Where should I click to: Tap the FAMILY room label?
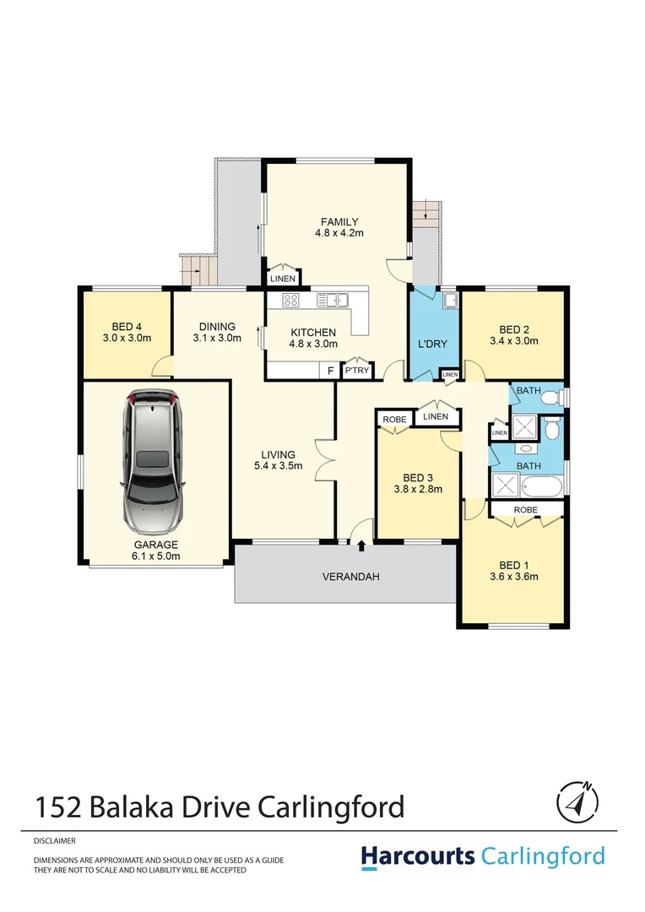click(339, 222)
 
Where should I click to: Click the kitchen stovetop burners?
click(291, 300)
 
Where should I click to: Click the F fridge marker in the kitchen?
click(330, 370)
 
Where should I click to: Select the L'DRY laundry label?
click(432, 345)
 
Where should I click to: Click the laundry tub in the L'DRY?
click(450, 300)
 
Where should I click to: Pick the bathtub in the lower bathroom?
click(540, 487)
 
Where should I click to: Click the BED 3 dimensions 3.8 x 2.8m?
click(418, 488)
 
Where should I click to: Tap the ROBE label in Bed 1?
click(525, 510)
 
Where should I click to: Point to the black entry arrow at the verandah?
click(361, 546)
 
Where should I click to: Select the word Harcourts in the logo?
click(418, 856)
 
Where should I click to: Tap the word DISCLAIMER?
click(55, 841)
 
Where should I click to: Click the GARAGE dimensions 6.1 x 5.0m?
click(154, 556)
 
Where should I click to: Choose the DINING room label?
click(217, 327)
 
